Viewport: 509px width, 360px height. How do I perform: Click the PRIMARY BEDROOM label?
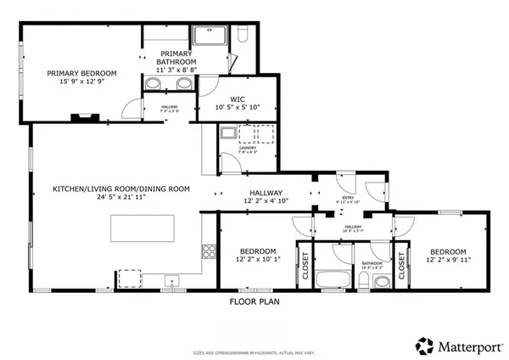(81, 73)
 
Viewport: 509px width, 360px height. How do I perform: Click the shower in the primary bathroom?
(210, 36)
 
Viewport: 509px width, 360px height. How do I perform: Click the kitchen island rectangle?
(143, 228)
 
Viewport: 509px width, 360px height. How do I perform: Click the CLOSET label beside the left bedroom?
(304, 267)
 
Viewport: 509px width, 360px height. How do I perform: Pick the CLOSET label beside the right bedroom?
(399, 267)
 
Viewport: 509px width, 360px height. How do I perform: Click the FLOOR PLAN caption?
(254, 301)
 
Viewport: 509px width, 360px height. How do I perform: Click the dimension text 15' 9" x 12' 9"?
(81, 83)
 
